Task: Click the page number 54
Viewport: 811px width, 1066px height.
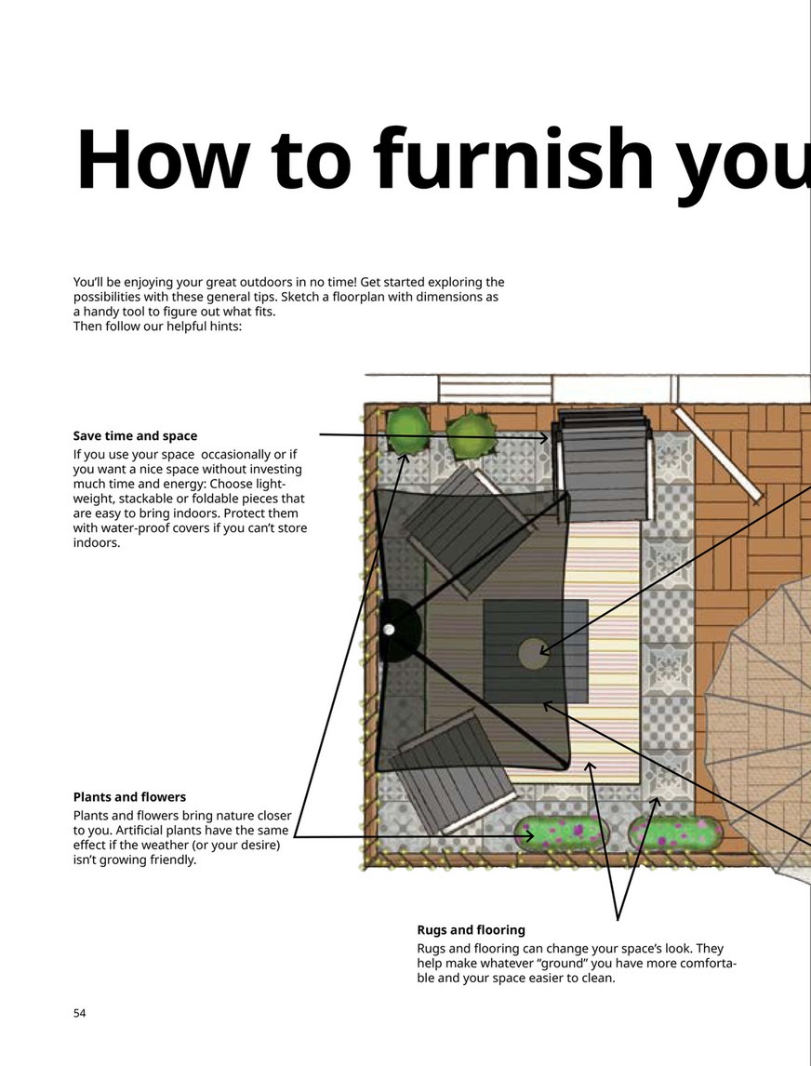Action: click(x=80, y=1013)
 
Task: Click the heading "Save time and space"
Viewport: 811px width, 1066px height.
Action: click(x=135, y=435)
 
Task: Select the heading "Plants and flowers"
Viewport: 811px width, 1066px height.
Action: click(x=129, y=797)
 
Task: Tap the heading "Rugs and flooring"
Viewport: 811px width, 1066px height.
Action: click(x=472, y=929)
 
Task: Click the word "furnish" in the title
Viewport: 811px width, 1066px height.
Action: click(x=513, y=160)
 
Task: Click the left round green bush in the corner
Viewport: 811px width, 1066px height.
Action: click(x=408, y=428)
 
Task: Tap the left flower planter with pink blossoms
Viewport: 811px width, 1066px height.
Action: click(x=560, y=833)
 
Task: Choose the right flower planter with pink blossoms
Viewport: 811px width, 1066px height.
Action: click(x=672, y=833)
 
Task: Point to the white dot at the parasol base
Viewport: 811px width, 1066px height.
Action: click(x=389, y=630)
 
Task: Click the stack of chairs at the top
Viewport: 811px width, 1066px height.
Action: click(x=603, y=463)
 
